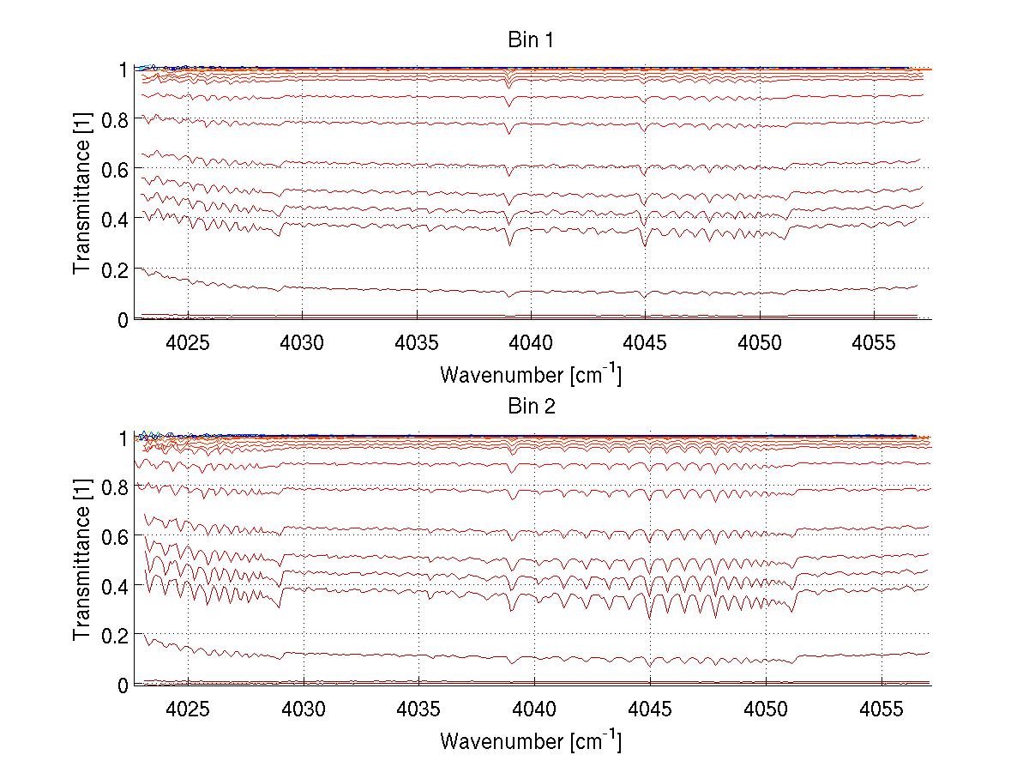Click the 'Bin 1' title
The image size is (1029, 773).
tap(531, 40)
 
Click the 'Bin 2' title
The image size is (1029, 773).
tap(531, 406)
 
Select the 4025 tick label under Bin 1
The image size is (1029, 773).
tap(188, 343)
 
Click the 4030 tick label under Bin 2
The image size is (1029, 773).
tap(303, 710)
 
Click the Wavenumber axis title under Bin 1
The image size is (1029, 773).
tap(531, 375)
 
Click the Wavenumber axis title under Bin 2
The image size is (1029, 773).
tap(531, 740)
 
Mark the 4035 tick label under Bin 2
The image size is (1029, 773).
tap(418, 710)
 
